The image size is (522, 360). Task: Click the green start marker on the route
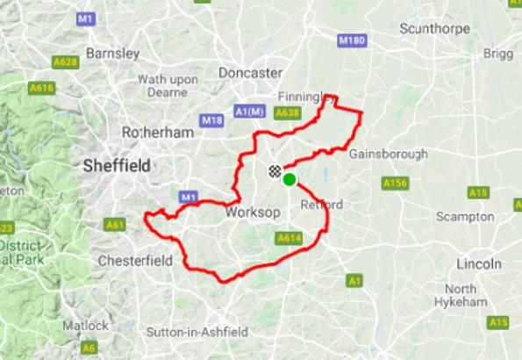tap(289, 180)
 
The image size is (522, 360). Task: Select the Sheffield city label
tap(116, 165)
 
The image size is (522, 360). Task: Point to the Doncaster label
tap(250, 73)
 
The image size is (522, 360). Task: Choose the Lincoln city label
tap(479, 263)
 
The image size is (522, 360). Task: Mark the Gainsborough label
tap(388, 155)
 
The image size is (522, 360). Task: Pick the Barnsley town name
tap(113, 53)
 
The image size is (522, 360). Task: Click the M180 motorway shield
tap(352, 41)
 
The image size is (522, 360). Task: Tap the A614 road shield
tap(289, 238)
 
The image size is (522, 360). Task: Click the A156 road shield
tap(396, 183)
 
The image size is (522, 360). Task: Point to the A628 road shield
tap(66, 61)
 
